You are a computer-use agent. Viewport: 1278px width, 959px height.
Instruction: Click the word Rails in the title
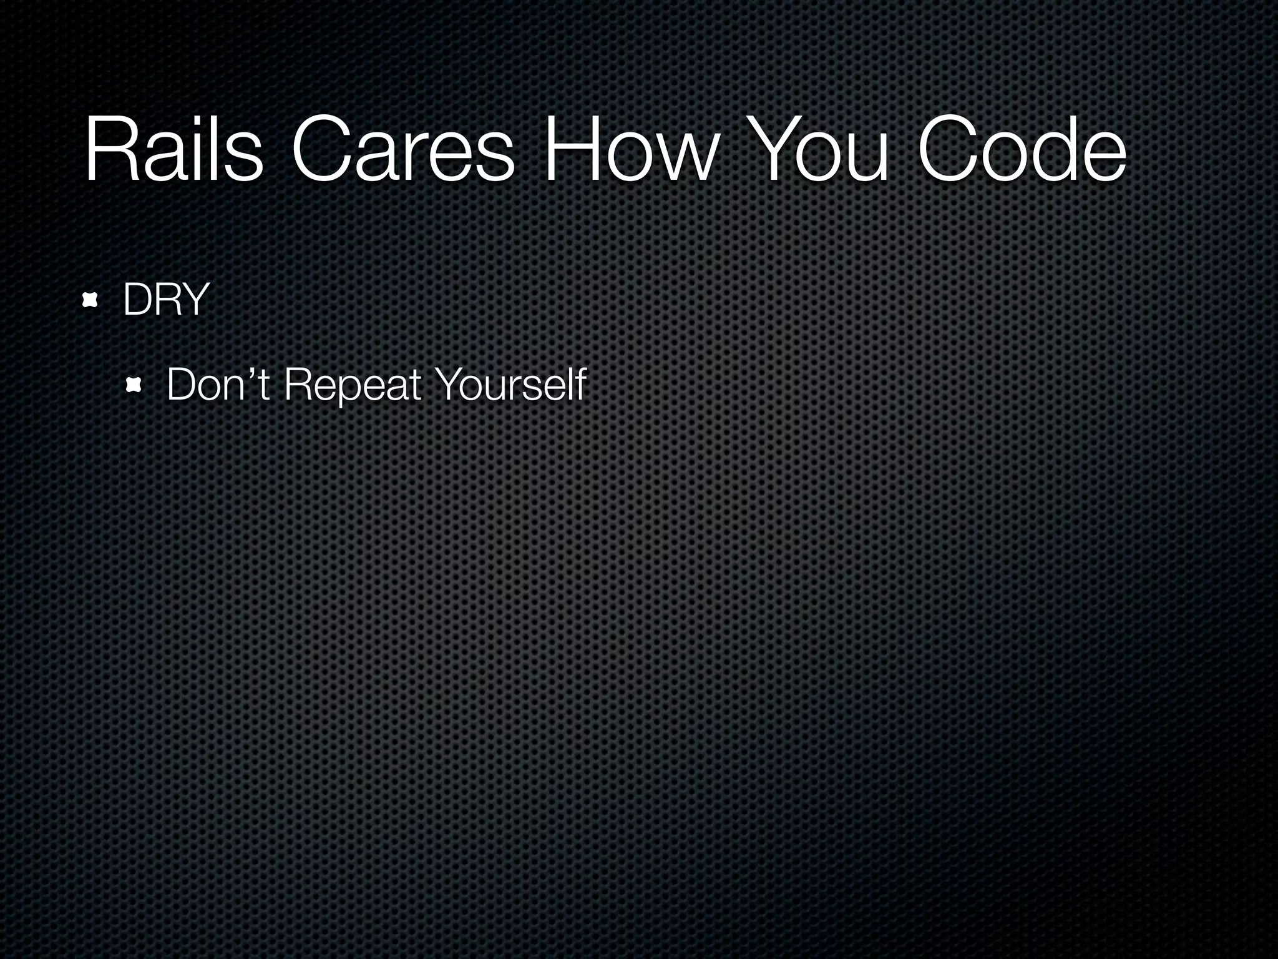[x=173, y=150]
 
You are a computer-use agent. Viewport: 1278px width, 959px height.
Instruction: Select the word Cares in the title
[x=402, y=150]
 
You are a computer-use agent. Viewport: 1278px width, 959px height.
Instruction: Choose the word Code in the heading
[x=1021, y=150]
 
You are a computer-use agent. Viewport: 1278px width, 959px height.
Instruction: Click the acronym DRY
[x=165, y=300]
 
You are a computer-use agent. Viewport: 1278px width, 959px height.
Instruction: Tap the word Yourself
[x=510, y=385]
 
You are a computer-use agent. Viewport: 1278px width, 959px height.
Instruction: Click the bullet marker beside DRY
[x=91, y=301]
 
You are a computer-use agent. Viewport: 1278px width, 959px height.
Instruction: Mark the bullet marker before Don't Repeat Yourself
[x=134, y=386]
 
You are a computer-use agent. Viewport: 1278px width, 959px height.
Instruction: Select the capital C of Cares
[x=321, y=150]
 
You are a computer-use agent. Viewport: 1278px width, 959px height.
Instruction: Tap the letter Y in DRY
[x=194, y=300]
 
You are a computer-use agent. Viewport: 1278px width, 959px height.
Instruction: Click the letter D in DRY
[x=137, y=300]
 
